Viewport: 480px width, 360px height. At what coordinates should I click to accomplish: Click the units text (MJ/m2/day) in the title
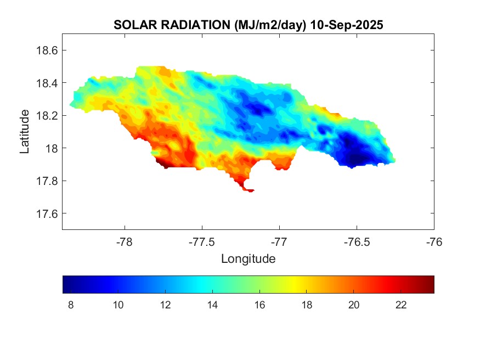[269, 25]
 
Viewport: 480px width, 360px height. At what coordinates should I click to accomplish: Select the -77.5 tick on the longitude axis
[202, 242]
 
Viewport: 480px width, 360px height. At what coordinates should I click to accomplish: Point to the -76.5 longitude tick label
[357, 242]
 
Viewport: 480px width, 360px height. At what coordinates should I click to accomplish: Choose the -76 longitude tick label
[434, 242]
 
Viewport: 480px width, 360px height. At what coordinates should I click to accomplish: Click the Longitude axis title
[248, 258]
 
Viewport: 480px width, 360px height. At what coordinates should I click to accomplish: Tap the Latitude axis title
[25, 132]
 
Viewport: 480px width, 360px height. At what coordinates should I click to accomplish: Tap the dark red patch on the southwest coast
[163, 163]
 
